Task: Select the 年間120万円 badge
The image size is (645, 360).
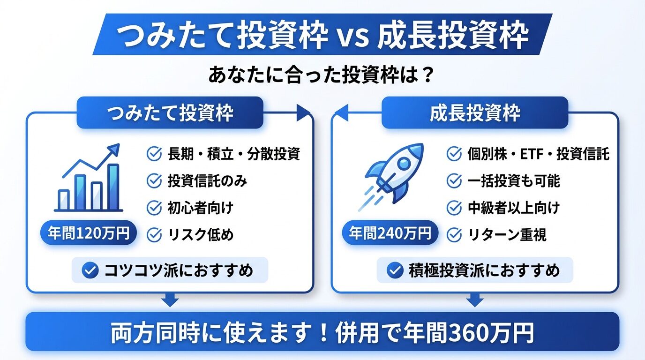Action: click(x=89, y=233)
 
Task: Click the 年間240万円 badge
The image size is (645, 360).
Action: click(x=390, y=233)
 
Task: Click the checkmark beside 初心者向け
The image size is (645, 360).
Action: click(x=154, y=208)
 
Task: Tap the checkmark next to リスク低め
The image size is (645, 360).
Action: click(x=154, y=234)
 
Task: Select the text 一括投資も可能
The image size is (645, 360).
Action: click(x=514, y=180)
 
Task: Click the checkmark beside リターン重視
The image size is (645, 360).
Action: click(x=454, y=234)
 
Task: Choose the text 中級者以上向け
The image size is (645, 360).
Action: click(x=514, y=208)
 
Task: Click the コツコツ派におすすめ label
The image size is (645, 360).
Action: click(x=170, y=270)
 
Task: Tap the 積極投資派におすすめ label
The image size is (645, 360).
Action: click(x=475, y=270)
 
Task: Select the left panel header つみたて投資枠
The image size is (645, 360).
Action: click(x=170, y=113)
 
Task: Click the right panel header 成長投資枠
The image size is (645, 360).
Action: click(x=475, y=113)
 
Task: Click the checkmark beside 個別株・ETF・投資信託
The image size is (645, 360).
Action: click(x=454, y=154)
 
